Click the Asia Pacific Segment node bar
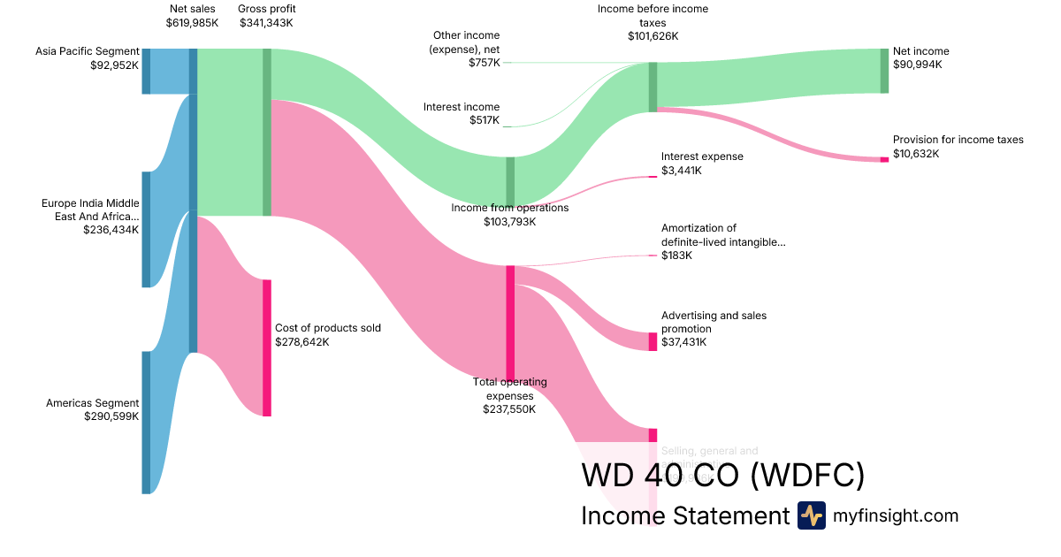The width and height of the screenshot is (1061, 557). [x=146, y=71]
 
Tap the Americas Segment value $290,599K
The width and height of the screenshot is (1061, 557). [x=111, y=416]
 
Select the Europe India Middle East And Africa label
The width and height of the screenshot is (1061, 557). [x=90, y=210]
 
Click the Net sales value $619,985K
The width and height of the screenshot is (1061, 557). [x=192, y=23]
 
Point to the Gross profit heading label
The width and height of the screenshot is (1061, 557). [x=267, y=9]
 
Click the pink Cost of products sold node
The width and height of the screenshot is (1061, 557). [x=266, y=347]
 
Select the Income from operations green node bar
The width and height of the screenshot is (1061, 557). [x=510, y=180]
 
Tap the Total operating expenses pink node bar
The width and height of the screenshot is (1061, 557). [x=510, y=322]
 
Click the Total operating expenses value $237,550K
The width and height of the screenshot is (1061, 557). [x=509, y=409]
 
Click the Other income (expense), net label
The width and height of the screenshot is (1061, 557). [x=464, y=42]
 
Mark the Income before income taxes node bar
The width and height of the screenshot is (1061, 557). [x=653, y=87]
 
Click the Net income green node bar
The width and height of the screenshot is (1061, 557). [x=884, y=71]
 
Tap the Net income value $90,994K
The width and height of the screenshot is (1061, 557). [x=918, y=65]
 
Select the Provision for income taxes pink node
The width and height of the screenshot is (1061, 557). [x=884, y=159]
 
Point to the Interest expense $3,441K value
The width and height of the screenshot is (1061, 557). [x=682, y=170]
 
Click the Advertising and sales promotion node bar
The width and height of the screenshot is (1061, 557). [x=653, y=341]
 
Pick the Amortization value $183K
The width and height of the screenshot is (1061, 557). [x=677, y=256]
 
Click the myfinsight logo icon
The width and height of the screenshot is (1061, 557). [x=811, y=515]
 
